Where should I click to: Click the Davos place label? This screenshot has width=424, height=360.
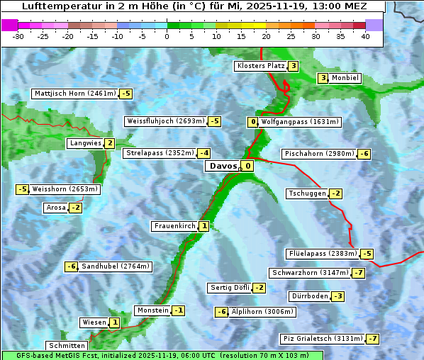tap(223, 167)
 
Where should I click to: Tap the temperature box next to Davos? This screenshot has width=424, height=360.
tap(247, 167)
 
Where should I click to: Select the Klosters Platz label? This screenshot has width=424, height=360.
tap(260, 67)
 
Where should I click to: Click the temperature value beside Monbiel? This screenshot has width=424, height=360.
tap(323, 78)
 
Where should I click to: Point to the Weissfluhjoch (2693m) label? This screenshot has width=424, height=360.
tap(165, 121)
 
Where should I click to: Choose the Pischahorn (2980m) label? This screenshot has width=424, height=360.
tap(318, 154)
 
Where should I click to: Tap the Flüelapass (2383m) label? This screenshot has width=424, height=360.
tap(323, 254)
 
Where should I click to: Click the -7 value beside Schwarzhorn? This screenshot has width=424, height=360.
tap(359, 273)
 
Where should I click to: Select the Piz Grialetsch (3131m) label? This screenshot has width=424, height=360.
tap(323, 338)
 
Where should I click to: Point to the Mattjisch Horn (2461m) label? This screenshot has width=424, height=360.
tap(74, 94)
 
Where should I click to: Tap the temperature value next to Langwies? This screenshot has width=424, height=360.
tap(109, 143)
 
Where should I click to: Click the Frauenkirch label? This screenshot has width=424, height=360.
tap(174, 226)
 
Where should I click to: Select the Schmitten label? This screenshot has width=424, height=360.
tap(66, 346)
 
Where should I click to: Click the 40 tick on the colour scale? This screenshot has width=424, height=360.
tap(365, 36)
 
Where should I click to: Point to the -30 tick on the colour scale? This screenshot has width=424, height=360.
tap(18, 36)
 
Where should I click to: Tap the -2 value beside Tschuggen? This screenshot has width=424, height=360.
tap(336, 193)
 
